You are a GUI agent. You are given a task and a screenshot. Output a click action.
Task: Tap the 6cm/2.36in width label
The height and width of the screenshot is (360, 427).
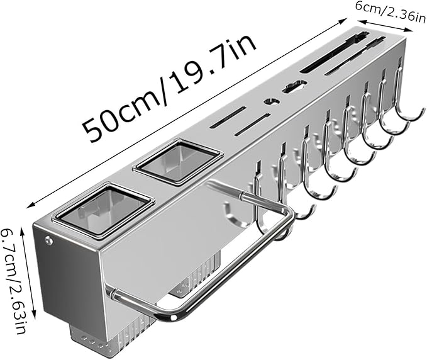point(391,10)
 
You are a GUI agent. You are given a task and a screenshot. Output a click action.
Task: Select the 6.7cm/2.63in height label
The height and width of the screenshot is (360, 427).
point(14,281)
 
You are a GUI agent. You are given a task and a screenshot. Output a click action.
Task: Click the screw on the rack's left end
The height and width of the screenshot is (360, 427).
point(49,240)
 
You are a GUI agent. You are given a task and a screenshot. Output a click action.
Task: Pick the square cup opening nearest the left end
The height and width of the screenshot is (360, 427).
point(103,210)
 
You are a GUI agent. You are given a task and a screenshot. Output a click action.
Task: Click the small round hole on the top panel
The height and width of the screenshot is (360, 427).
point(271,102)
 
